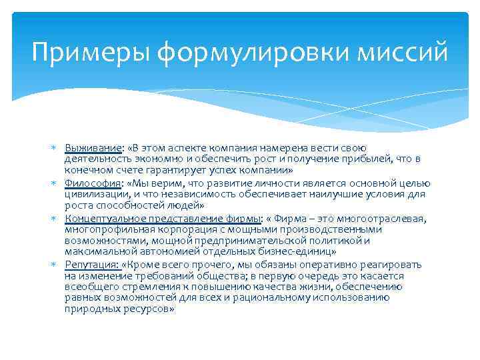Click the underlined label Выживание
click(x=93, y=147)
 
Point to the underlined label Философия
click(x=93, y=183)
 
